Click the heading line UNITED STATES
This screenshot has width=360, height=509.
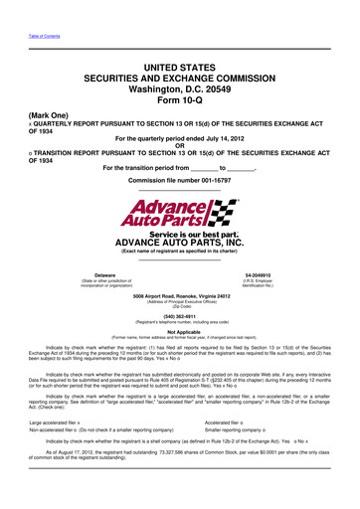point(180,69)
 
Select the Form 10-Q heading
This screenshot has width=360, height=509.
point(180,106)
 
